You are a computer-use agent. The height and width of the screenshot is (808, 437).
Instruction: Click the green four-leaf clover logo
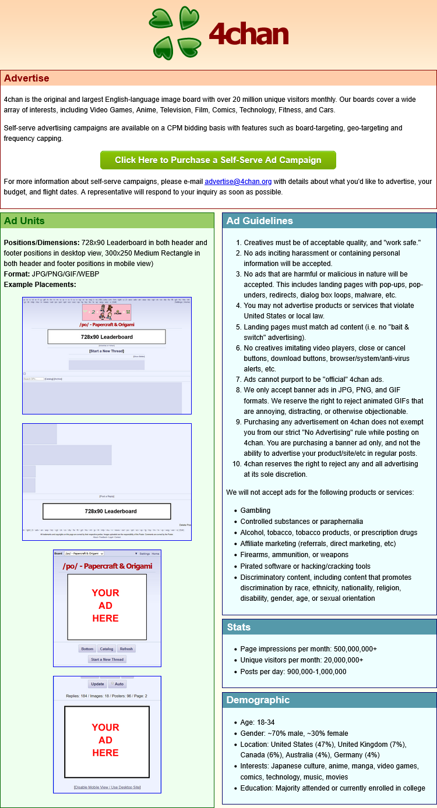[x=175, y=33]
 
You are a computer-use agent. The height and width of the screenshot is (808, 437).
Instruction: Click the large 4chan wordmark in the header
[x=249, y=34]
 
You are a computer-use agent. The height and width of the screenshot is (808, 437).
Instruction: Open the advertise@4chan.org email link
[x=238, y=182]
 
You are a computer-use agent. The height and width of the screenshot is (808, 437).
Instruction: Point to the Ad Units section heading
[x=24, y=221]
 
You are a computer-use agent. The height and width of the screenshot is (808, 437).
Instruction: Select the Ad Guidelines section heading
[x=259, y=221]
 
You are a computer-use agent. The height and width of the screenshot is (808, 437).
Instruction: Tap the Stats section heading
[x=238, y=627]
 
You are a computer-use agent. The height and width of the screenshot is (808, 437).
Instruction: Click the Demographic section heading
[x=258, y=700]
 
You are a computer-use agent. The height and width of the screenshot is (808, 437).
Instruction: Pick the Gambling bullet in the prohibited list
[x=255, y=510]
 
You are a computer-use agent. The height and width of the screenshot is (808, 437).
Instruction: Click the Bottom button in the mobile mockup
[x=87, y=648]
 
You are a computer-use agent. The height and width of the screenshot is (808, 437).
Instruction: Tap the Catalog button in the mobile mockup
[x=106, y=648]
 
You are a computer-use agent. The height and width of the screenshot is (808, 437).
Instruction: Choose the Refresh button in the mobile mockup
[x=126, y=648]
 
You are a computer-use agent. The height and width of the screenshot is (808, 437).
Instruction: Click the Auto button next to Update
[x=117, y=684]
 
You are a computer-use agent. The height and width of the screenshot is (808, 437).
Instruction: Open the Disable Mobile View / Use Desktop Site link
[x=107, y=787]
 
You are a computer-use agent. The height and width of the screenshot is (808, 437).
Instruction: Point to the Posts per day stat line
[x=293, y=671]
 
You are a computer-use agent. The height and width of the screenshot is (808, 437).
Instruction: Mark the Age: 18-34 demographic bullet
[x=257, y=722]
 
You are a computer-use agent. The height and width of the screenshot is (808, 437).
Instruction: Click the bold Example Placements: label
[x=40, y=284]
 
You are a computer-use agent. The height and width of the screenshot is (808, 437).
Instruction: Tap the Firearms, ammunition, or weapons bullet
[x=294, y=555]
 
